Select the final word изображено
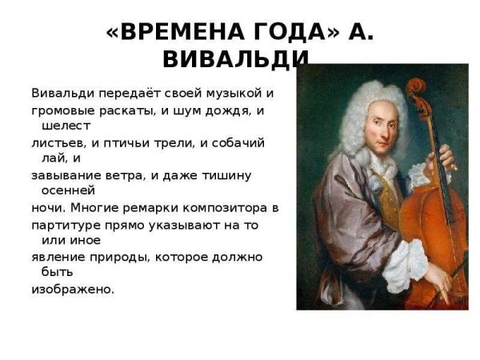click(x=72, y=289)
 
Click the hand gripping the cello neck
click(x=445, y=156)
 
